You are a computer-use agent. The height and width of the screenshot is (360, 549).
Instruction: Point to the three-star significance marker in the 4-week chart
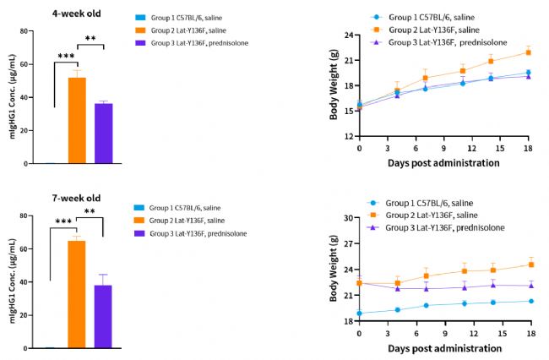point(65,56)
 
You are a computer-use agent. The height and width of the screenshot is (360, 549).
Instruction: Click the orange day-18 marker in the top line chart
point(528,52)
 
